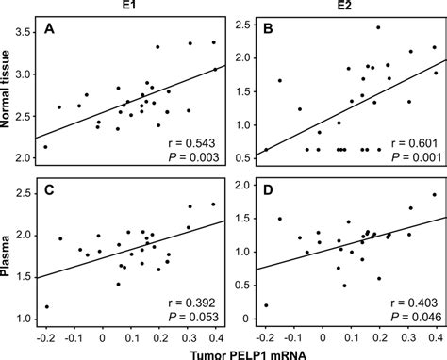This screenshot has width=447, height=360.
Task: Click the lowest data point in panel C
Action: pyautogui.click(x=46, y=306)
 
